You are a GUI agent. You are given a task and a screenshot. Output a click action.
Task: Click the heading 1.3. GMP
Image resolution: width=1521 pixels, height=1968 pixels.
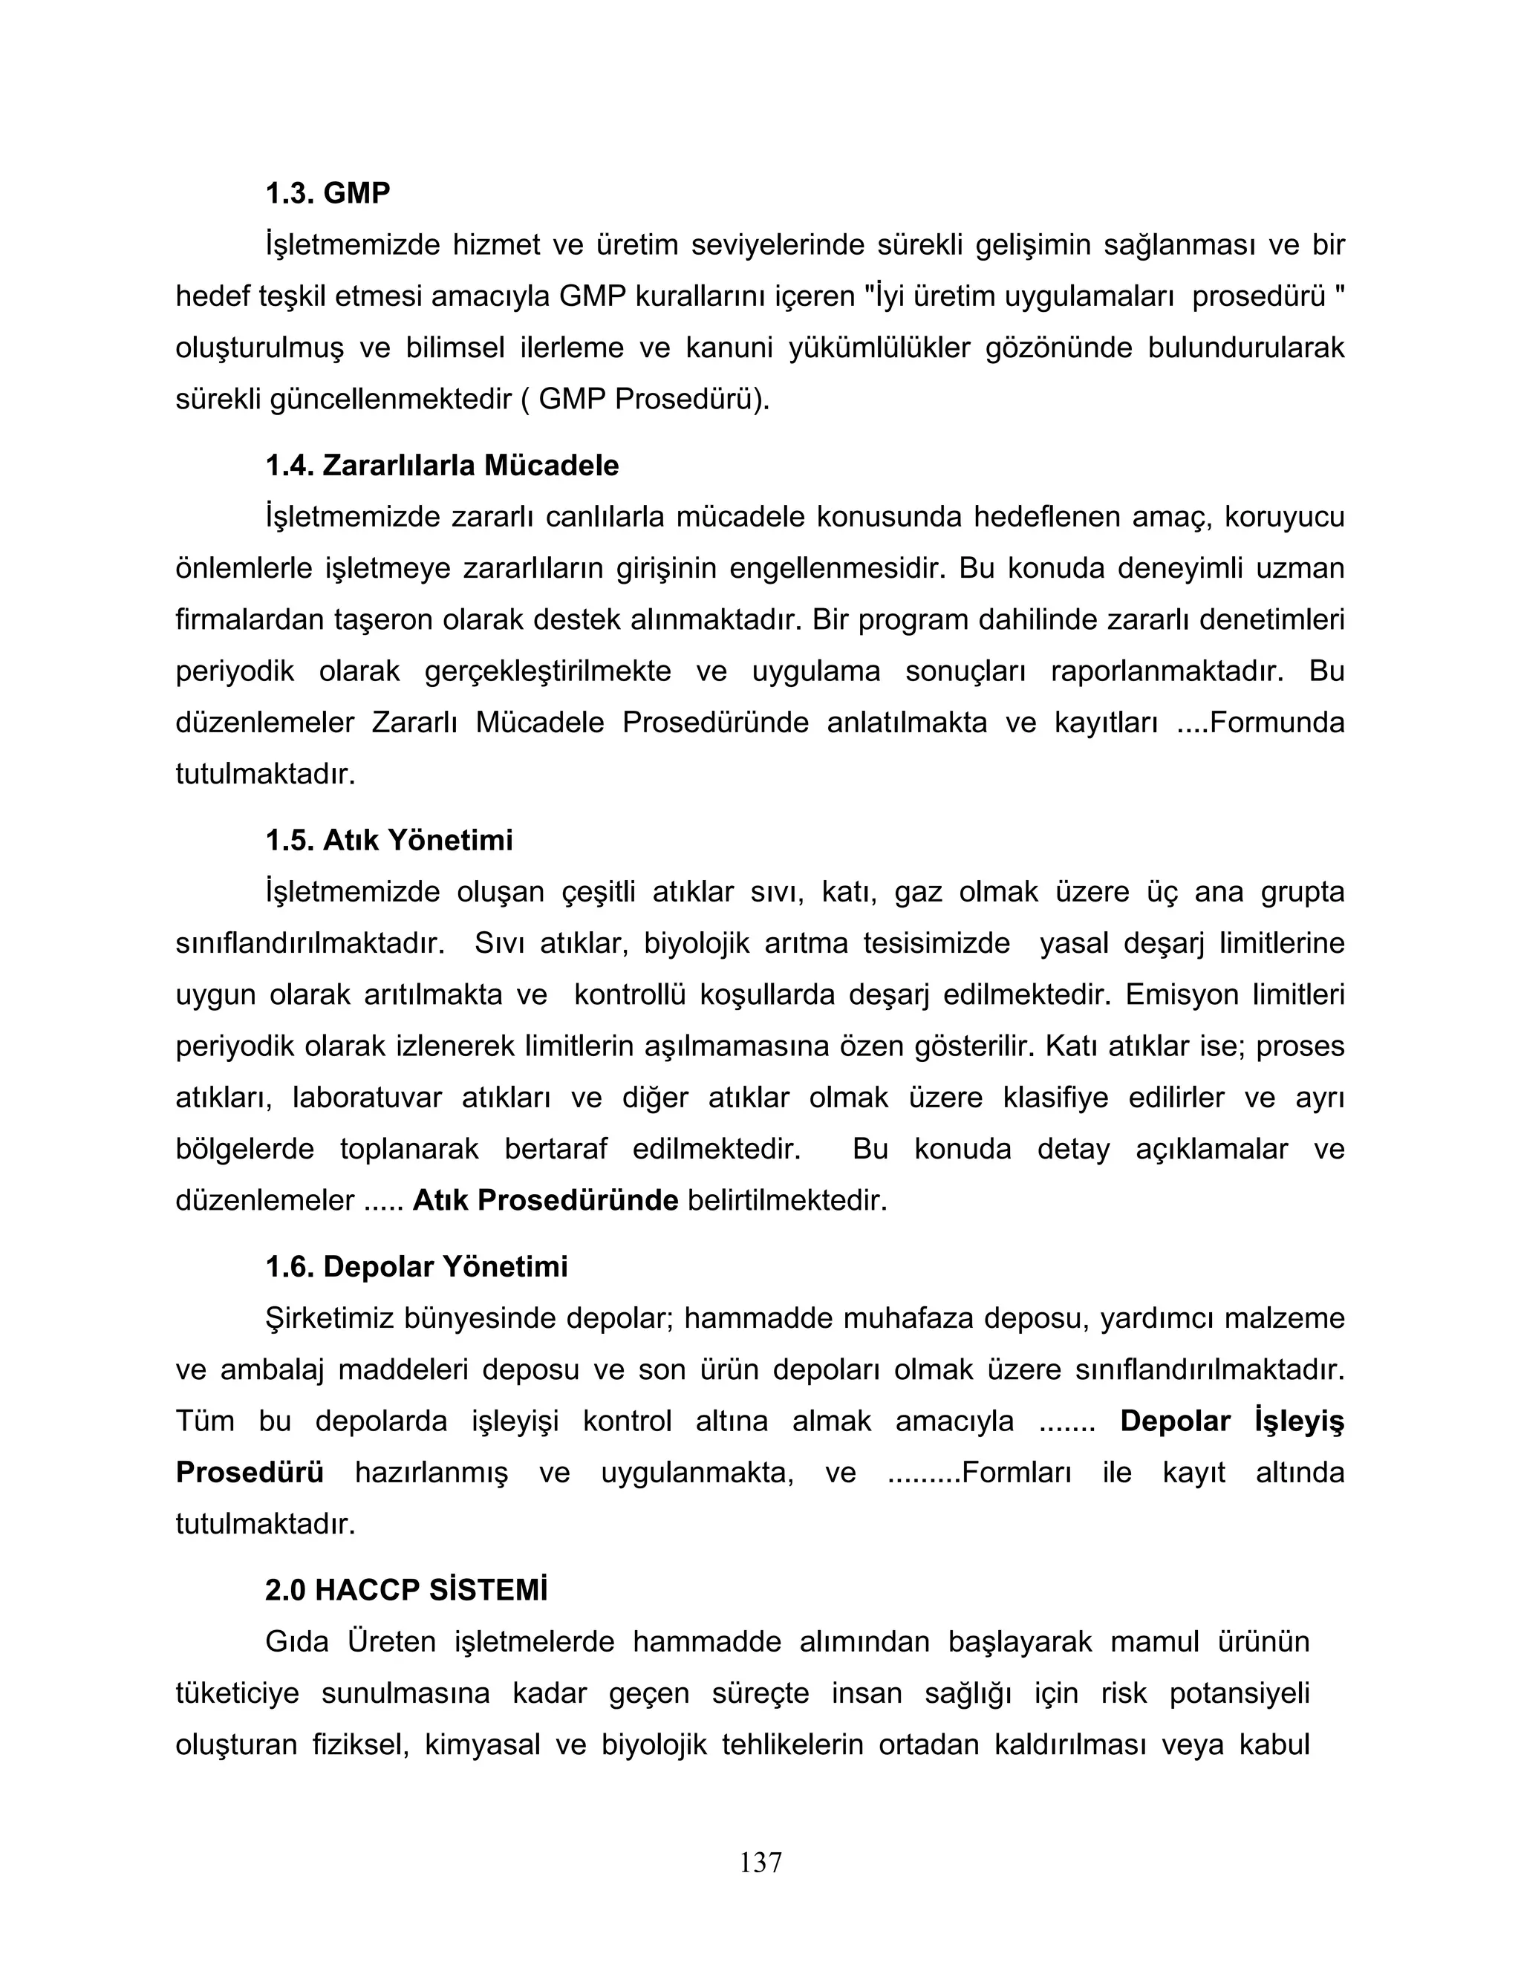click(327, 193)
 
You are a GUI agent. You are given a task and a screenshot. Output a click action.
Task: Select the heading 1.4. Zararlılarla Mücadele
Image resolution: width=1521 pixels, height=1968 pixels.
click(442, 466)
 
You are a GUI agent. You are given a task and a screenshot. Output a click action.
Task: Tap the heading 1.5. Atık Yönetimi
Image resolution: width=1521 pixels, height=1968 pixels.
click(388, 841)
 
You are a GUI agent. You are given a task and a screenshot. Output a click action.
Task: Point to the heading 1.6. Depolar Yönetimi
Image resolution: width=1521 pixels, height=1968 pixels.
click(417, 1267)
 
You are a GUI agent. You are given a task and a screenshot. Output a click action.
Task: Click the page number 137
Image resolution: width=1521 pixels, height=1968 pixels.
click(760, 1863)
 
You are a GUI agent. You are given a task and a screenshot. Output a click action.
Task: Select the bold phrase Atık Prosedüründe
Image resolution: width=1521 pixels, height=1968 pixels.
click(544, 1201)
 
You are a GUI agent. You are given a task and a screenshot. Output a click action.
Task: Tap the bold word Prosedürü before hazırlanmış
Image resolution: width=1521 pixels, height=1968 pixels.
click(250, 1473)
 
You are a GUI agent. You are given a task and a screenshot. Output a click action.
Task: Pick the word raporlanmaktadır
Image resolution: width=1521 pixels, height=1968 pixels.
click(1167, 671)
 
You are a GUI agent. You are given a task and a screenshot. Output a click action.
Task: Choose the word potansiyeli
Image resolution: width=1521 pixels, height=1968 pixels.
click(1239, 1694)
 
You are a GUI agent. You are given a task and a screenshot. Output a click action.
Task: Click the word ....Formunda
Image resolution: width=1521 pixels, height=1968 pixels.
click(1260, 723)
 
